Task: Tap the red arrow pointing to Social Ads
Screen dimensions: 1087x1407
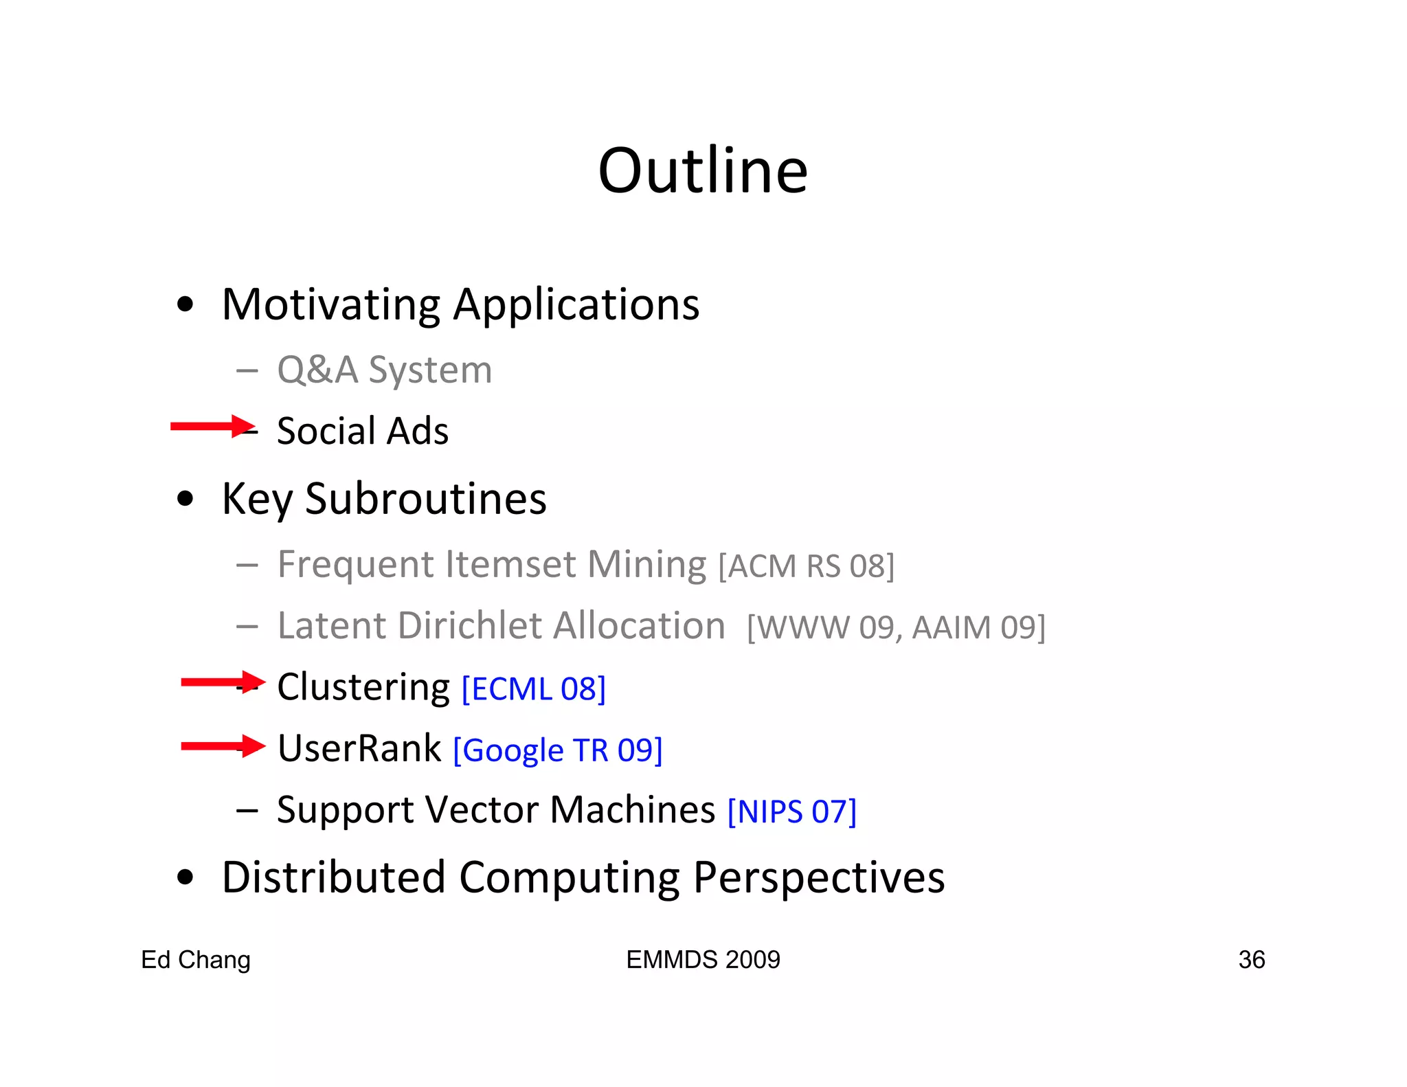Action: (212, 426)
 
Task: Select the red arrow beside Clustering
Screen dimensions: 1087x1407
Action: (223, 682)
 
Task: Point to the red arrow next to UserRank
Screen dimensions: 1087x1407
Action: (223, 746)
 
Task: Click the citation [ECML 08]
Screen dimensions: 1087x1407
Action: (533, 689)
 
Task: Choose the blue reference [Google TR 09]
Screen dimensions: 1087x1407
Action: (558, 750)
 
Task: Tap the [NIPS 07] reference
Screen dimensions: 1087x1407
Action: (791, 811)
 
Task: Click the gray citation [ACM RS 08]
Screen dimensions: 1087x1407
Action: (806, 566)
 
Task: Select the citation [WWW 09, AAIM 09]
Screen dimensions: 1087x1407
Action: (896, 627)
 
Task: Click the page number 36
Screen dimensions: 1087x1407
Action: (1251, 960)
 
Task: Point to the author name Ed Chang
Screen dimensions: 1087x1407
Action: (196, 960)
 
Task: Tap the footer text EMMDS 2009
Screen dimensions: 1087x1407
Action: (703, 960)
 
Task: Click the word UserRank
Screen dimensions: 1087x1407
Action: (359, 748)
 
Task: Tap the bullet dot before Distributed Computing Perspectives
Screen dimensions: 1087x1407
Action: (185, 877)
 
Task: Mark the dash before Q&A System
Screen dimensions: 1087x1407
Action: (247, 371)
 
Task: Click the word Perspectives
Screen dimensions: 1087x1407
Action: (819, 877)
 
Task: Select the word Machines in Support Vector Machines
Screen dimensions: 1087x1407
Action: (633, 809)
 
